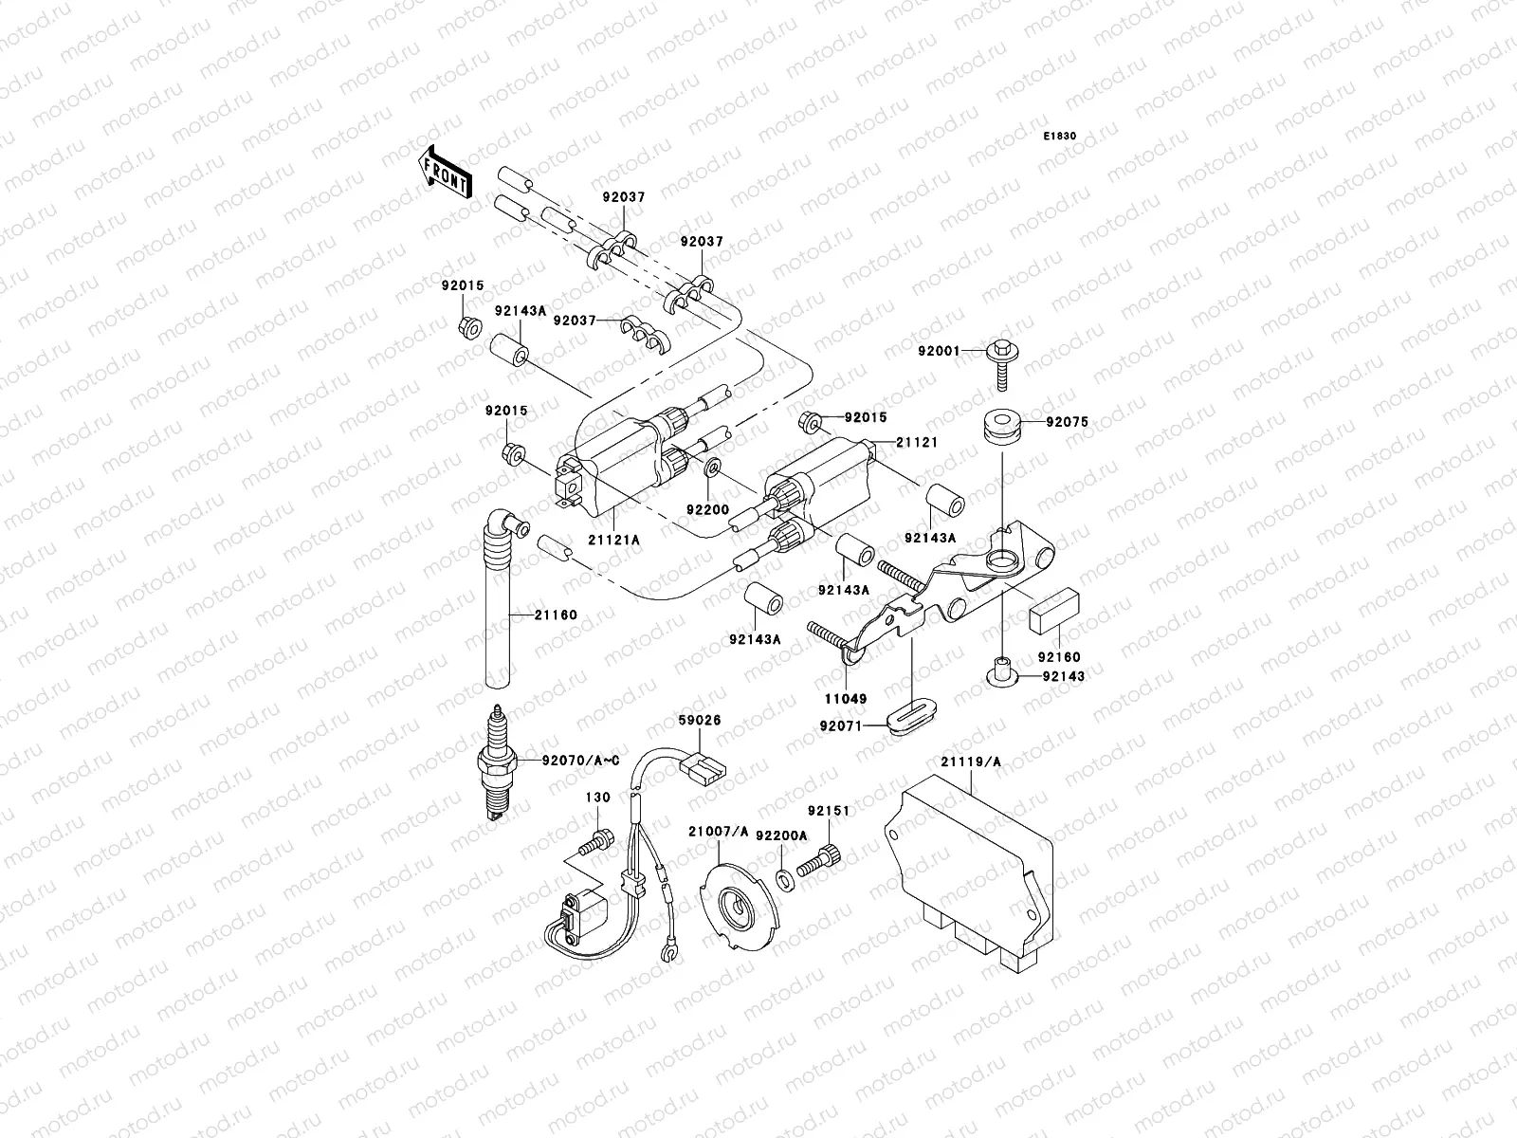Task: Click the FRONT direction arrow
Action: click(446, 172)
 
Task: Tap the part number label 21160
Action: click(555, 615)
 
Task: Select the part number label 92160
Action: click(1058, 657)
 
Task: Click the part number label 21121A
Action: click(613, 540)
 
